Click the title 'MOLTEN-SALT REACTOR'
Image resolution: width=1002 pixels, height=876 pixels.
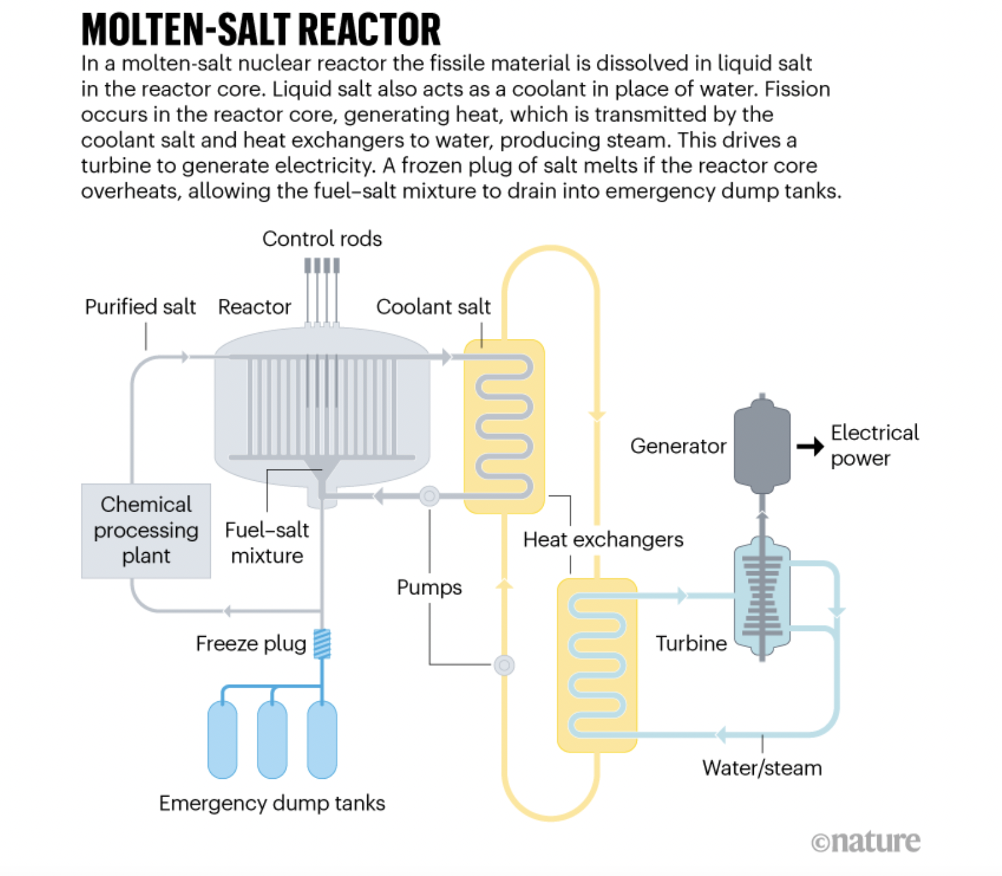[261, 30]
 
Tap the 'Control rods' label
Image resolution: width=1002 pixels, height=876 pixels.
[322, 238]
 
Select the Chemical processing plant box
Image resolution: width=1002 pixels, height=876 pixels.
[146, 531]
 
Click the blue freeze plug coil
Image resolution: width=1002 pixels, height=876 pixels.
[322, 644]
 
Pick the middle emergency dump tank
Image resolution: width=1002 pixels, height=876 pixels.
[272, 739]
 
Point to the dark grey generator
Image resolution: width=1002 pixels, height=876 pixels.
[762, 447]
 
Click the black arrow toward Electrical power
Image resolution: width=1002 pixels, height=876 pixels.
[810, 447]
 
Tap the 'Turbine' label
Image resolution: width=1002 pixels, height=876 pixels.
[691, 644]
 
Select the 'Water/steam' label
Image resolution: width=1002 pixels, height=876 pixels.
[762, 768]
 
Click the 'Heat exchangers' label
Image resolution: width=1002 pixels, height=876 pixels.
[603, 540]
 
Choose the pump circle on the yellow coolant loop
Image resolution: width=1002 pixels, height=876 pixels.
[504, 665]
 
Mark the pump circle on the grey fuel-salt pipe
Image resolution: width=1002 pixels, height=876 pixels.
[429, 496]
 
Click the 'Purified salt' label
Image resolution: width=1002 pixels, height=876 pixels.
[140, 307]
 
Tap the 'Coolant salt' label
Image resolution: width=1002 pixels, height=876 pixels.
[433, 307]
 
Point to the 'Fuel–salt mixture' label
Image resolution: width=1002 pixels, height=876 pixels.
[267, 542]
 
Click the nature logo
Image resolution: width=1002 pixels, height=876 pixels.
[865, 841]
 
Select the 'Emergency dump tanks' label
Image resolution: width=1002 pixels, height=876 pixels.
[272, 803]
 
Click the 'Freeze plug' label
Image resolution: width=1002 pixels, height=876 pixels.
[251, 644]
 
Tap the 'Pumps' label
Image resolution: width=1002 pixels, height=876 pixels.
[429, 587]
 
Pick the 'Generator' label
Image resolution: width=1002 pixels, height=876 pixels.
[678, 446]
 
